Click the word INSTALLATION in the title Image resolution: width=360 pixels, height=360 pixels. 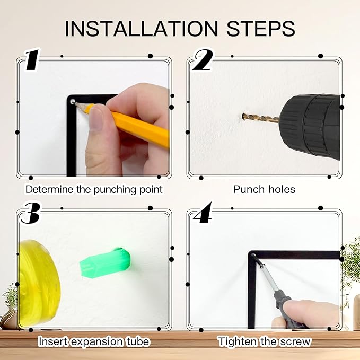(142, 29)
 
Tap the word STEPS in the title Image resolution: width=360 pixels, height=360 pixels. (261, 29)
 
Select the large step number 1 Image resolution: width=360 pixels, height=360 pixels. (32, 60)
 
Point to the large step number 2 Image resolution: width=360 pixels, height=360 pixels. (202, 60)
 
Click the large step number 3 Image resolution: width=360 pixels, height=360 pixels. (30, 213)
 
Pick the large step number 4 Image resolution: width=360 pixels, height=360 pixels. (203, 213)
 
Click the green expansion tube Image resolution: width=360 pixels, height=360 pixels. (105, 262)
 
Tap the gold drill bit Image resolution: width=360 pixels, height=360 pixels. (261, 118)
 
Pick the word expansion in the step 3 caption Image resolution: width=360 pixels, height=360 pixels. (96, 342)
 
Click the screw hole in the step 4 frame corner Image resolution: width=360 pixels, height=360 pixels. (253, 255)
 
